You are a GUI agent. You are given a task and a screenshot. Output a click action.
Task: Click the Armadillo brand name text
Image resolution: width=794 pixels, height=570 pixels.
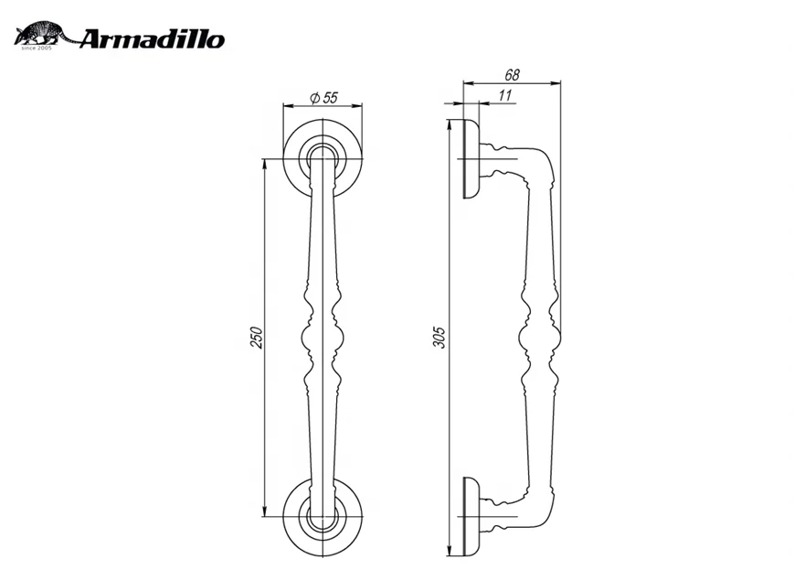pyautogui.click(x=152, y=39)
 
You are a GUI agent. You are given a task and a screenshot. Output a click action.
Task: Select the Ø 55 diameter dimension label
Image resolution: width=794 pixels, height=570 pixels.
pyautogui.click(x=324, y=97)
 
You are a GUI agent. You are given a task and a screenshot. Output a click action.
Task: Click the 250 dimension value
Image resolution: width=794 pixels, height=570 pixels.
pyautogui.click(x=257, y=338)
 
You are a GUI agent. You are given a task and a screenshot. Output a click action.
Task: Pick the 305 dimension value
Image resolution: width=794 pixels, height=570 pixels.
pyautogui.click(x=439, y=339)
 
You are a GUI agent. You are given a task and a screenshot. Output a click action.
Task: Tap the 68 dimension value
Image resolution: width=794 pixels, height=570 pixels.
pyautogui.click(x=512, y=74)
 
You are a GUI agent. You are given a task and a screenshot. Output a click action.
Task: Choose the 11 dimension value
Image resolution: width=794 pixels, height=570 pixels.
pyautogui.click(x=505, y=95)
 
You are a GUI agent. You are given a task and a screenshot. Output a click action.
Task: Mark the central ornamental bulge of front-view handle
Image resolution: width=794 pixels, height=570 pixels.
pyautogui.click(x=323, y=342)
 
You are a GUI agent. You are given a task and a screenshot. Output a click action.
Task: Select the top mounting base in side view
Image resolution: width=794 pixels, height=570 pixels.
pyautogui.click(x=471, y=159)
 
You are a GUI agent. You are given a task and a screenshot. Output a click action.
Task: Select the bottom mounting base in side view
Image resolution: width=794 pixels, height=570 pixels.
pyautogui.click(x=471, y=517)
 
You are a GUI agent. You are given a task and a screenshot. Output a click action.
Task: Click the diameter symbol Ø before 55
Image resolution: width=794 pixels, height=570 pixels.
pyautogui.click(x=313, y=97)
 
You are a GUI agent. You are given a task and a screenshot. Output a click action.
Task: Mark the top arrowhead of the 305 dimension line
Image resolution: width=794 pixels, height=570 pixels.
pyautogui.click(x=449, y=124)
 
